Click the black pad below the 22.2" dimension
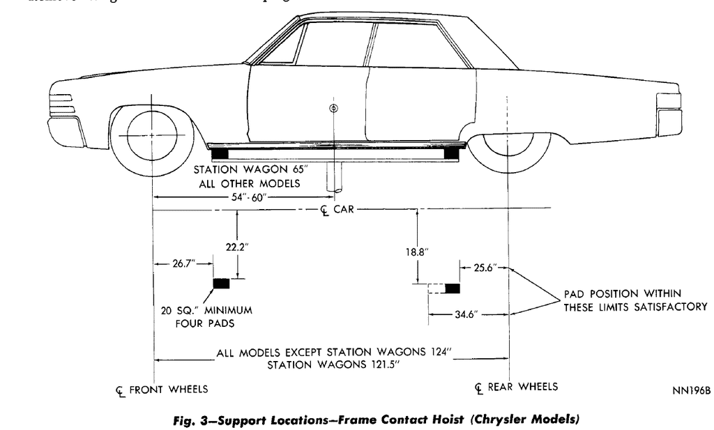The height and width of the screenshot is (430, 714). (x=221, y=282)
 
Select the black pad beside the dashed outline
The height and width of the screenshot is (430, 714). (x=453, y=288)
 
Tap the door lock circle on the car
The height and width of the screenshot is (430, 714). (x=334, y=107)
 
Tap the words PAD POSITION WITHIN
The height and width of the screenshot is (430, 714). (x=623, y=293)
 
